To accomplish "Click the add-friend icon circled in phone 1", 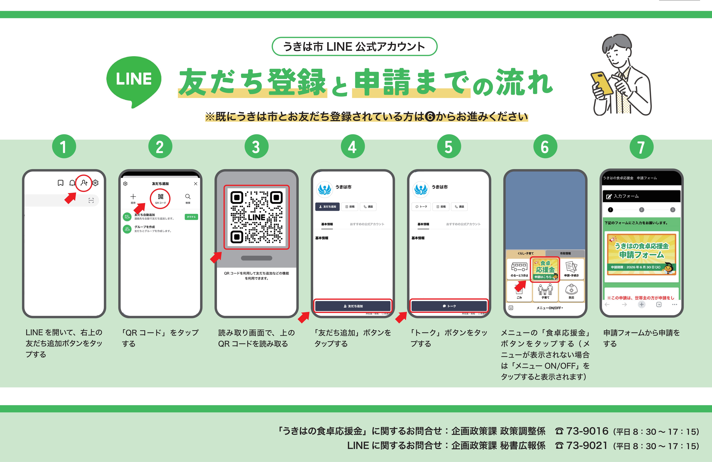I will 84,183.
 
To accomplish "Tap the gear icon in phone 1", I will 95,183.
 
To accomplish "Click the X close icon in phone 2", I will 196,184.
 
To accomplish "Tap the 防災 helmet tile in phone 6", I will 571,291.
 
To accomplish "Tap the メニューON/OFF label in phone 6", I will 549,308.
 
